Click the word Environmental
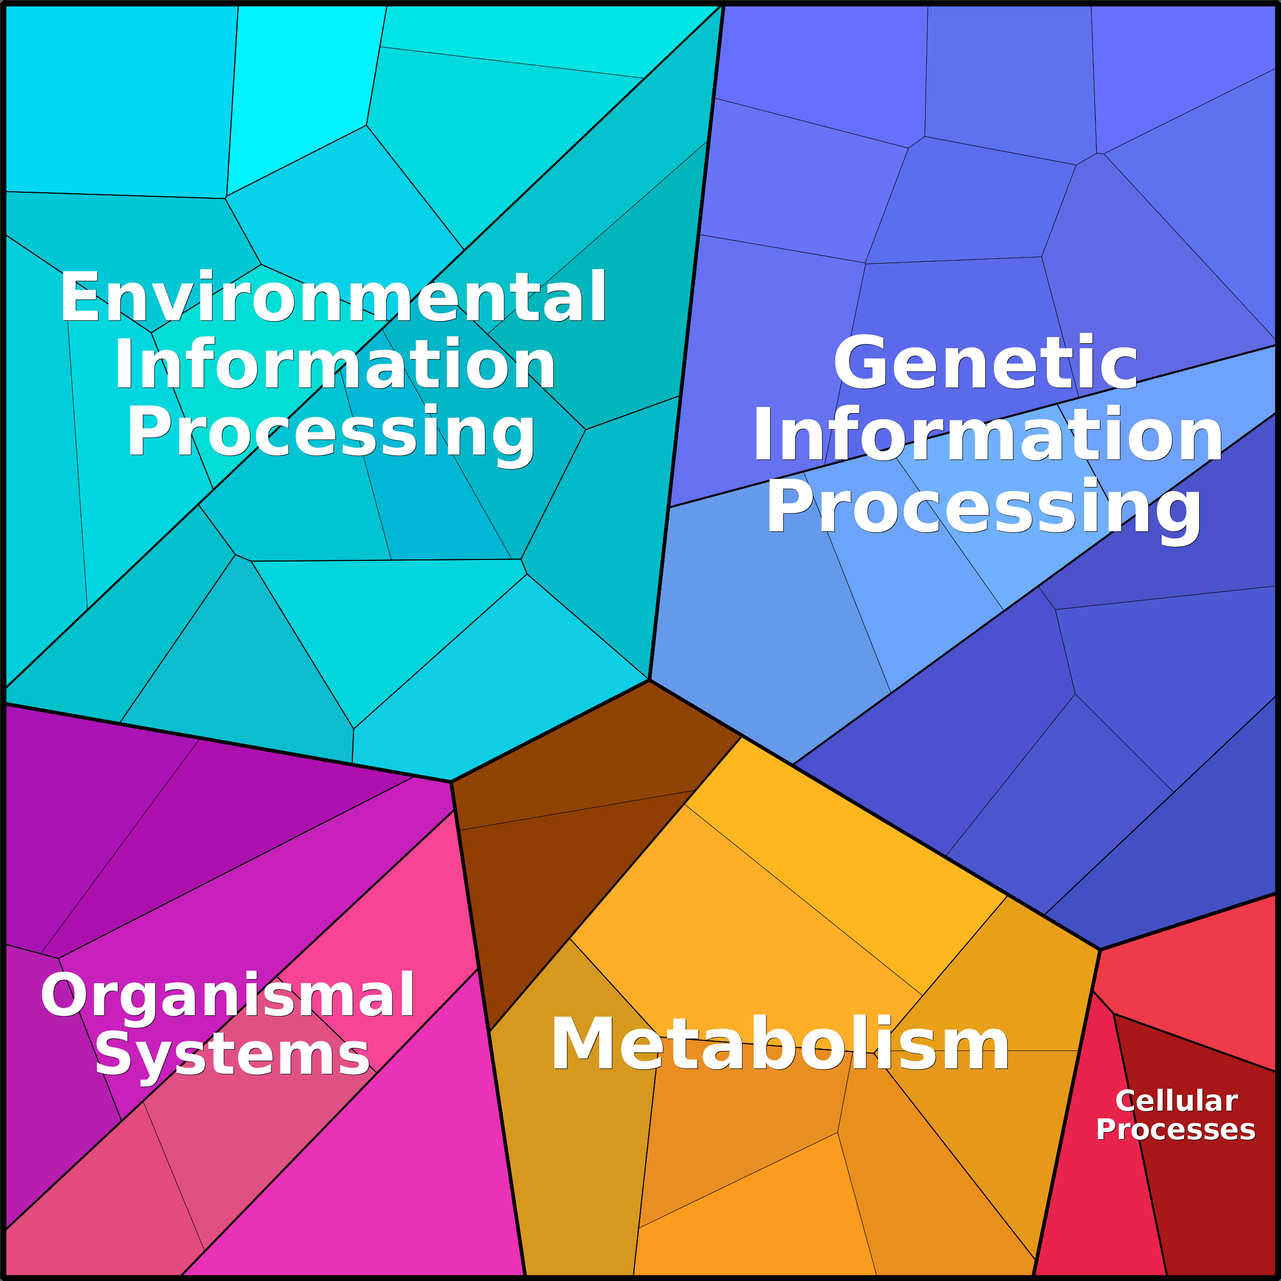click(x=333, y=298)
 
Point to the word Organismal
click(x=228, y=995)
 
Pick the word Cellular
click(x=1176, y=1101)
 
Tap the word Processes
click(x=1175, y=1130)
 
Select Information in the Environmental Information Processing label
click(x=335, y=365)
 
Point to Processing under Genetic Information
click(x=984, y=508)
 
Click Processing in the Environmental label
click(x=331, y=433)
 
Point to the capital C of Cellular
click(x=1125, y=1101)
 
